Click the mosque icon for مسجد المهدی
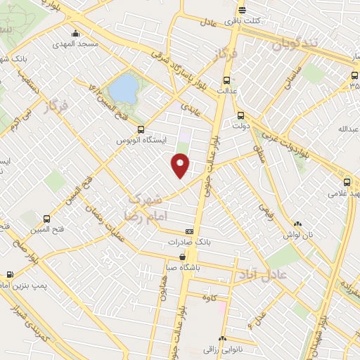click(76, 33)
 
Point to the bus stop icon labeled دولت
click(241, 115)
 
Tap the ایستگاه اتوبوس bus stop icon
click(141, 129)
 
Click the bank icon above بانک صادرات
click(189, 231)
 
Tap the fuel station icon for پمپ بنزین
click(9, 275)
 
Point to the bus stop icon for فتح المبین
click(46, 218)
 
